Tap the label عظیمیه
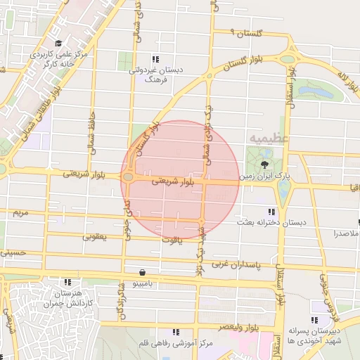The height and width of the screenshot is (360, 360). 263,139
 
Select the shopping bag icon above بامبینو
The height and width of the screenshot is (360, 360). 143,272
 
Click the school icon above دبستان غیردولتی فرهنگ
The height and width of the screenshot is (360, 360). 155,60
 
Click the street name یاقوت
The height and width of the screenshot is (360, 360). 170,241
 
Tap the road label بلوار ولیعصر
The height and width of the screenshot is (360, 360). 235,328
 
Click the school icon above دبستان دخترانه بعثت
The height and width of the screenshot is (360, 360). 271,212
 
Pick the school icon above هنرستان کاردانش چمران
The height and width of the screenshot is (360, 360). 58,281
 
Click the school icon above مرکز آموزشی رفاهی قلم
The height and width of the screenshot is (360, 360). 175,332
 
